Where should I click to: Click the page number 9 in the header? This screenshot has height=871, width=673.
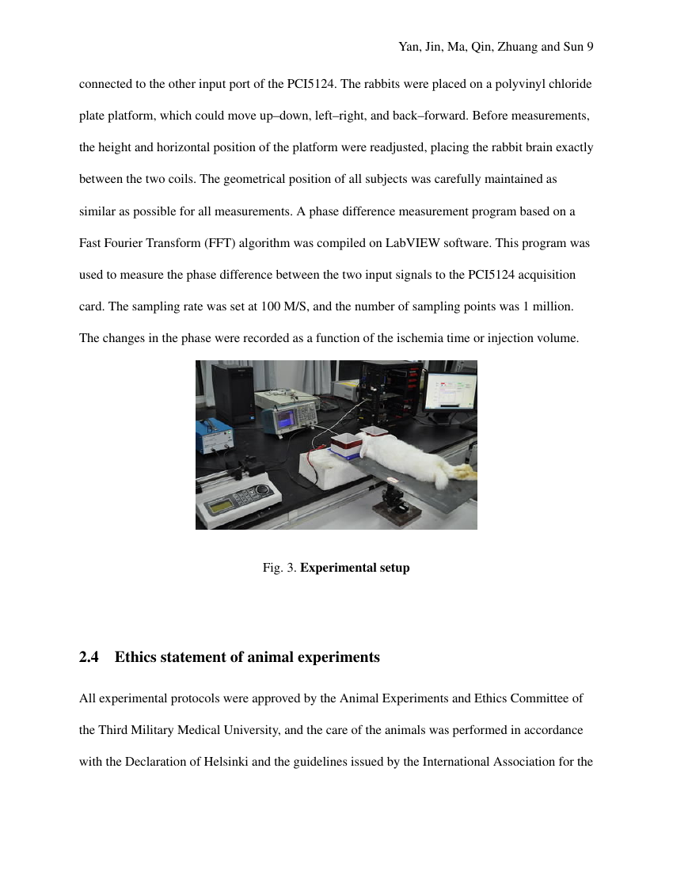click(x=590, y=48)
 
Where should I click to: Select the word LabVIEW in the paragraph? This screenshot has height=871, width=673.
click(x=413, y=243)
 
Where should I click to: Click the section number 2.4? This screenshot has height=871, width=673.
click(x=89, y=657)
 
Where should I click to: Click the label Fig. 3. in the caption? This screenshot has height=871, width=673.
click(x=279, y=568)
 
